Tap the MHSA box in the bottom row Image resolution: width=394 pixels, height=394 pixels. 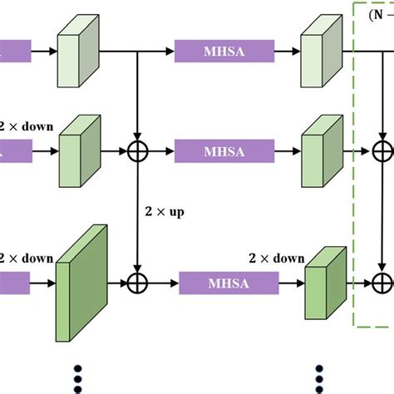click(224, 284)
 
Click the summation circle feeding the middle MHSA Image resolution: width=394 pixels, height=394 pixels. click(137, 152)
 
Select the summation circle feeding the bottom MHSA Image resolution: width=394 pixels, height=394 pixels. click(137, 284)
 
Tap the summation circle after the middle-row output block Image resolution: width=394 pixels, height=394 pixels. click(382, 152)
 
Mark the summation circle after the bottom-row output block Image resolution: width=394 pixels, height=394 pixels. click(382, 284)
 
